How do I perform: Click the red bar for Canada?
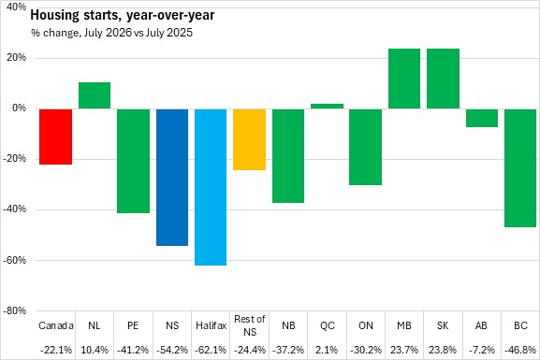[x=56, y=137]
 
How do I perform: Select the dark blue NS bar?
[x=172, y=178]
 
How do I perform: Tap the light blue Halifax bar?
[x=211, y=187]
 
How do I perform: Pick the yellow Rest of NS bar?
[x=249, y=139]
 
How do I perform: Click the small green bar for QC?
[x=328, y=106]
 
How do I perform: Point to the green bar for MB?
[x=404, y=79]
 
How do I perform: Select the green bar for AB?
[x=482, y=118]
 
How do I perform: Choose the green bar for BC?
[x=520, y=168]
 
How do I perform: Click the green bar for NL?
[x=95, y=95]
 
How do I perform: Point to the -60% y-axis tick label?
[x=14, y=260]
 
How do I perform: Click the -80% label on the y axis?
[x=14, y=310]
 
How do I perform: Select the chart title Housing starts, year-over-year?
[x=123, y=16]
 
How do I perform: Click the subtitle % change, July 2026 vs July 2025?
[x=112, y=33]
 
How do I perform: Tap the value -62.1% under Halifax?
[x=211, y=350]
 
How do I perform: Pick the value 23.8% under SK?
[x=443, y=350]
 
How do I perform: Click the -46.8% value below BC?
[x=520, y=350]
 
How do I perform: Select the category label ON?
[x=366, y=325]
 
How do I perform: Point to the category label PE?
[x=133, y=325]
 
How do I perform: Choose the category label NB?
[x=288, y=325]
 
